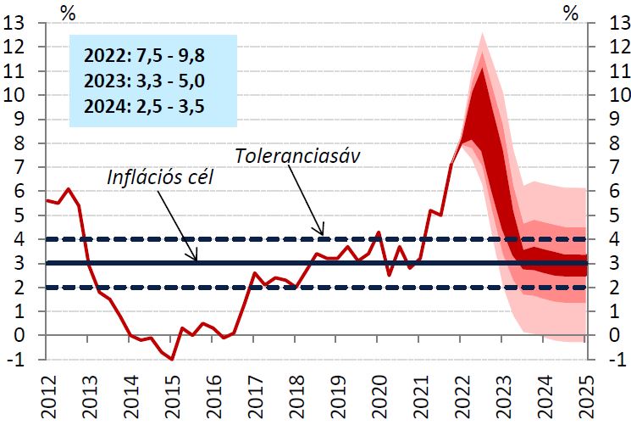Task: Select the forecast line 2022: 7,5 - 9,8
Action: [145, 57]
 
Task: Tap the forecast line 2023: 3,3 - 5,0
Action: [145, 82]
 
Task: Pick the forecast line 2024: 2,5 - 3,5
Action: [145, 107]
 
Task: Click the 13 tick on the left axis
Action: [14, 23]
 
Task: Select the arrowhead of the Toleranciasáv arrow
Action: [322, 235]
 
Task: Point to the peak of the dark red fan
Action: [482, 69]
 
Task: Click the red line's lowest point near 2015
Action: [172, 359]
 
